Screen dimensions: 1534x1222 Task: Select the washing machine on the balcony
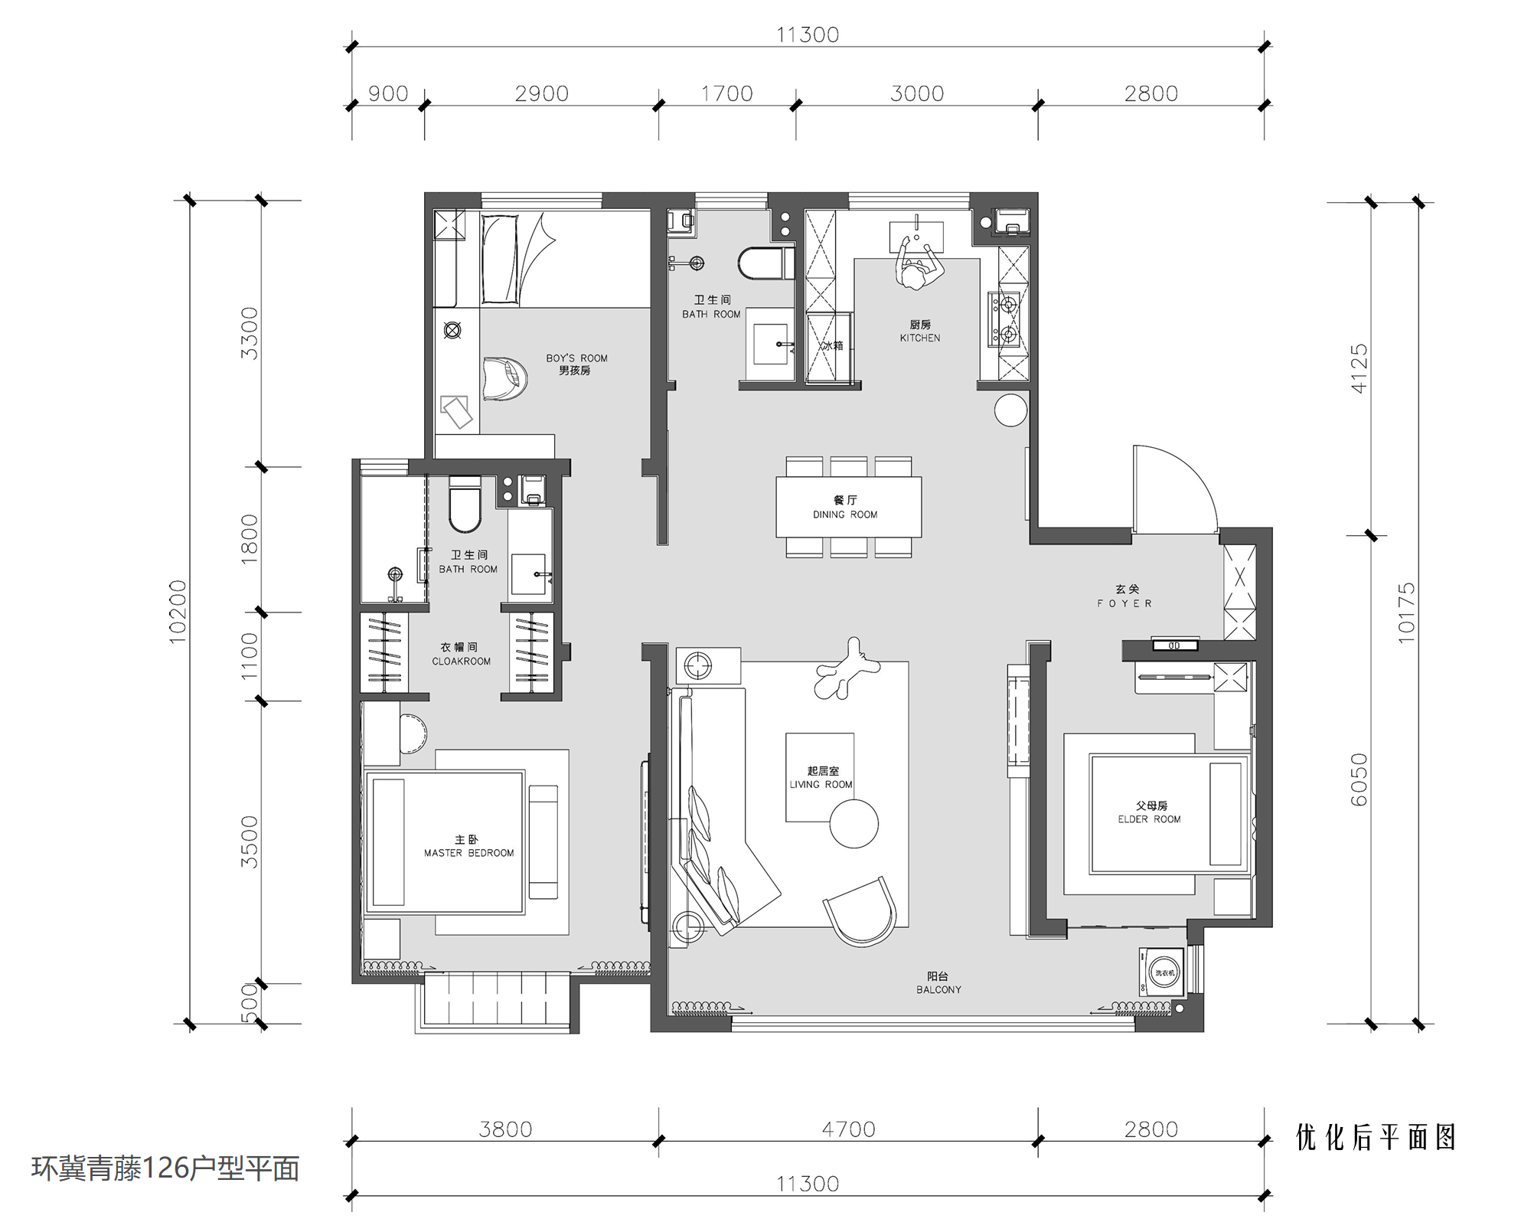[x=1163, y=973]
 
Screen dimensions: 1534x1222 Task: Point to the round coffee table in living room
[x=853, y=824]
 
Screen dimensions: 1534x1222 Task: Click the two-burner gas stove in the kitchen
[x=1005, y=319]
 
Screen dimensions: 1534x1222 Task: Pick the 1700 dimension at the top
[x=727, y=93]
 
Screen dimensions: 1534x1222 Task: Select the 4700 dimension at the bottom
[x=848, y=1129]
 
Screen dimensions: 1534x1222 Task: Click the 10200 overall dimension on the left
[x=178, y=612]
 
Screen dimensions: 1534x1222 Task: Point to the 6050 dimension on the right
[x=1359, y=780]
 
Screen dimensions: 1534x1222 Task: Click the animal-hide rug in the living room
[x=846, y=669]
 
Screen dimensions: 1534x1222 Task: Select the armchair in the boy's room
[x=505, y=377]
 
